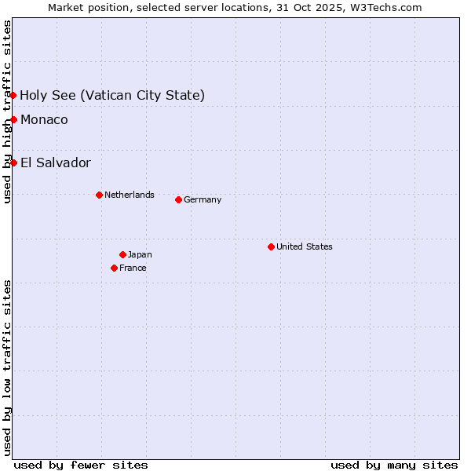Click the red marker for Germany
[178, 199]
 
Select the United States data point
[271, 246]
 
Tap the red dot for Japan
[122, 254]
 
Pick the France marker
[114, 268]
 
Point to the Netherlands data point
[99, 195]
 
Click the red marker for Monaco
[13, 119]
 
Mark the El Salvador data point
[13, 162]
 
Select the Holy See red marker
[13, 95]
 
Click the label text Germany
[203, 199]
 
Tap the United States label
[305, 246]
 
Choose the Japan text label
[140, 254]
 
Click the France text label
[133, 268]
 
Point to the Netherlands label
[130, 195]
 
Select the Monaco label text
[44, 119]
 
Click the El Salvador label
[56, 162]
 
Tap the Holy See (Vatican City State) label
[112, 95]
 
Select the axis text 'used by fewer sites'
[81, 465]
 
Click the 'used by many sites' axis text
[394, 465]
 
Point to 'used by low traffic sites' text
[7, 367]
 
